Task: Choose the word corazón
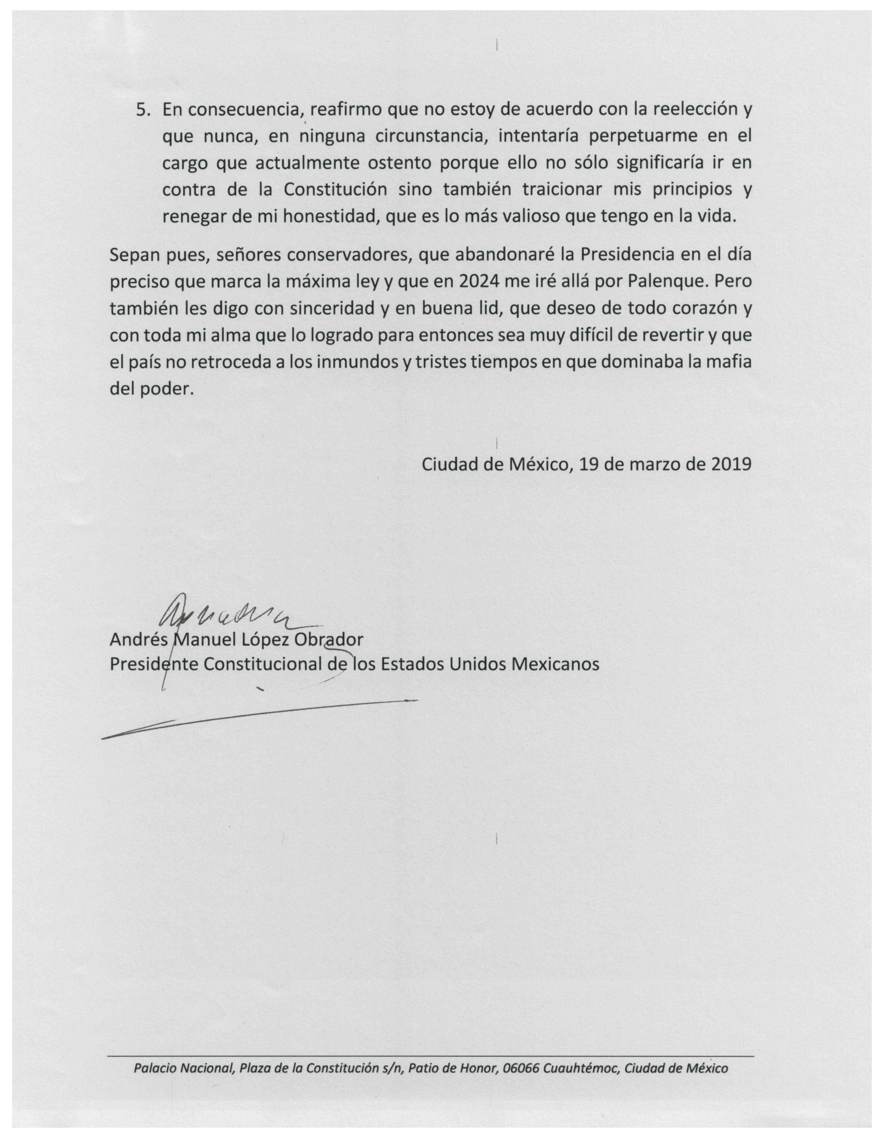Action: tap(694, 309)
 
